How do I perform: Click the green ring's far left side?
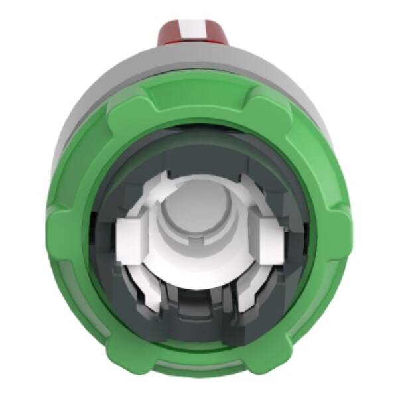coord(63,239)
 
